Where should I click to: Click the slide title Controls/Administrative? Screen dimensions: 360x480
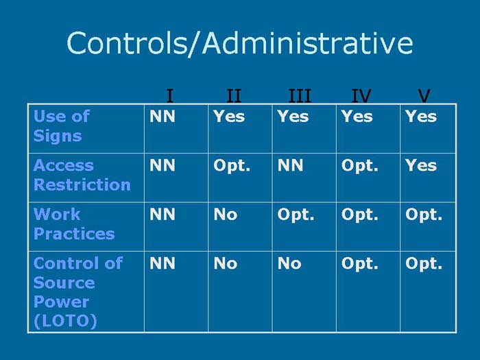pyautogui.click(x=239, y=43)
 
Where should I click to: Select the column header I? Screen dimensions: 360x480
pyautogui.click(x=169, y=95)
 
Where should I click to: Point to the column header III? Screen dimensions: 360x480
pyautogui.click(x=300, y=95)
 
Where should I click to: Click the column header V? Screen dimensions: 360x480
pyautogui.click(x=424, y=95)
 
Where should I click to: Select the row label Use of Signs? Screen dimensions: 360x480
pyautogui.click(x=62, y=126)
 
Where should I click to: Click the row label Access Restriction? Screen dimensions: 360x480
pyautogui.click(x=82, y=175)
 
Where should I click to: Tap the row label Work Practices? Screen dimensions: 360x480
pyautogui.click(x=74, y=224)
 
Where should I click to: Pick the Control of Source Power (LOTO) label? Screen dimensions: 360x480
pyautogui.click(x=77, y=292)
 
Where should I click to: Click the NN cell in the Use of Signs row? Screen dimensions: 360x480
pyautogui.click(x=163, y=117)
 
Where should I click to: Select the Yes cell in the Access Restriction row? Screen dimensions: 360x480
pyautogui.click(x=420, y=165)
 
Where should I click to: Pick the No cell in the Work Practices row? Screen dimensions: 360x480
pyautogui.click(x=226, y=215)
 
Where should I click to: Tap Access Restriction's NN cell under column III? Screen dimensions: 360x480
pyautogui.click(x=290, y=165)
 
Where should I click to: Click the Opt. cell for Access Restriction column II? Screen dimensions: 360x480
pyautogui.click(x=232, y=165)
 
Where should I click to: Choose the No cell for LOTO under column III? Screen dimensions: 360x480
pyautogui.click(x=289, y=263)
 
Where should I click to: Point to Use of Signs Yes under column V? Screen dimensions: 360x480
pyautogui.click(x=420, y=117)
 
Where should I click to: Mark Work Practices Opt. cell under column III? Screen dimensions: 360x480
pyautogui.click(x=296, y=215)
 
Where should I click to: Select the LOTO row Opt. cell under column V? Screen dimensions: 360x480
pyautogui.click(x=424, y=263)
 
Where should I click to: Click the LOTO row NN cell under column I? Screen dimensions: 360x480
pyautogui.click(x=163, y=263)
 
